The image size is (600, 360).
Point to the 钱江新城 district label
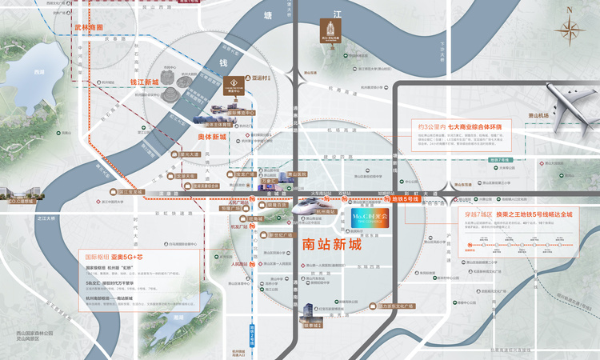(x=145, y=82)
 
